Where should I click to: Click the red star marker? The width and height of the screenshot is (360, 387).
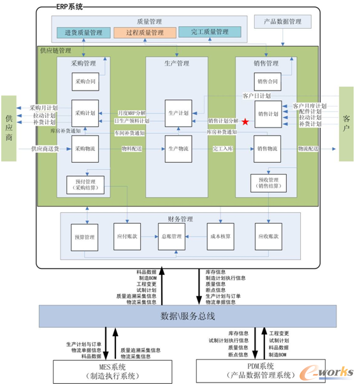pos(245,120)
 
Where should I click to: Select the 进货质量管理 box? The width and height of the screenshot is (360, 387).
pos(83,33)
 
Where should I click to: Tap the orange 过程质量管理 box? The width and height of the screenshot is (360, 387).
pos(145,33)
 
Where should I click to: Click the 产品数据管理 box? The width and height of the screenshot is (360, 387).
pos(283,22)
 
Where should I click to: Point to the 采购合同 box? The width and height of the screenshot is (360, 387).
pos(84,81)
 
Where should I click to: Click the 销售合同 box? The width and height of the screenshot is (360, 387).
pos(268,81)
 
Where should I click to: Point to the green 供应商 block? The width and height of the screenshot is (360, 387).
pos(9,119)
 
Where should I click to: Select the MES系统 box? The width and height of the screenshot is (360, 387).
pos(113,371)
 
